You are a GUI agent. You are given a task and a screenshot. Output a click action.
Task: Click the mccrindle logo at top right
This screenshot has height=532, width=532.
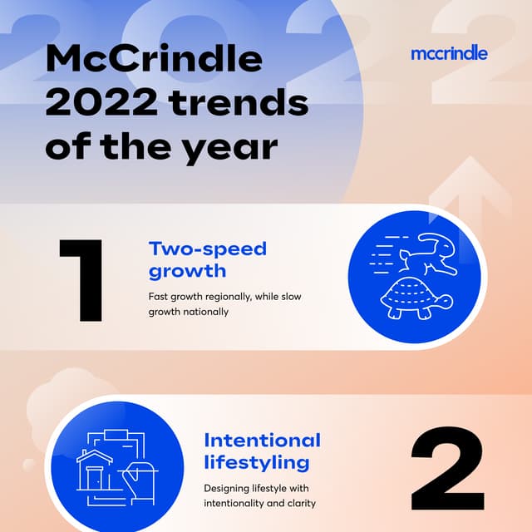tap(449, 54)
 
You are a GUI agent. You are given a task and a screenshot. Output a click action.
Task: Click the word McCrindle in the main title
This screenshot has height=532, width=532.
tap(154, 60)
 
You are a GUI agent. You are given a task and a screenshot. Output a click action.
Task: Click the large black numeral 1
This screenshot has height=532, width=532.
tap(82, 280)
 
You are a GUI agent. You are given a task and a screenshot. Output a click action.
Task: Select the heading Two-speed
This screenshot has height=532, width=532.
tap(207, 249)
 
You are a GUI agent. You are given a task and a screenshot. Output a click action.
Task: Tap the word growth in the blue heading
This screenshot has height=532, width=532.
tap(188, 271)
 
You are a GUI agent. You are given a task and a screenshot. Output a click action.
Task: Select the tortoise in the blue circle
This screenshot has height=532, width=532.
tap(416, 298)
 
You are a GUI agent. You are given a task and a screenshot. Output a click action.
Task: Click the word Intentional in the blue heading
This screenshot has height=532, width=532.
tap(262, 440)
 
